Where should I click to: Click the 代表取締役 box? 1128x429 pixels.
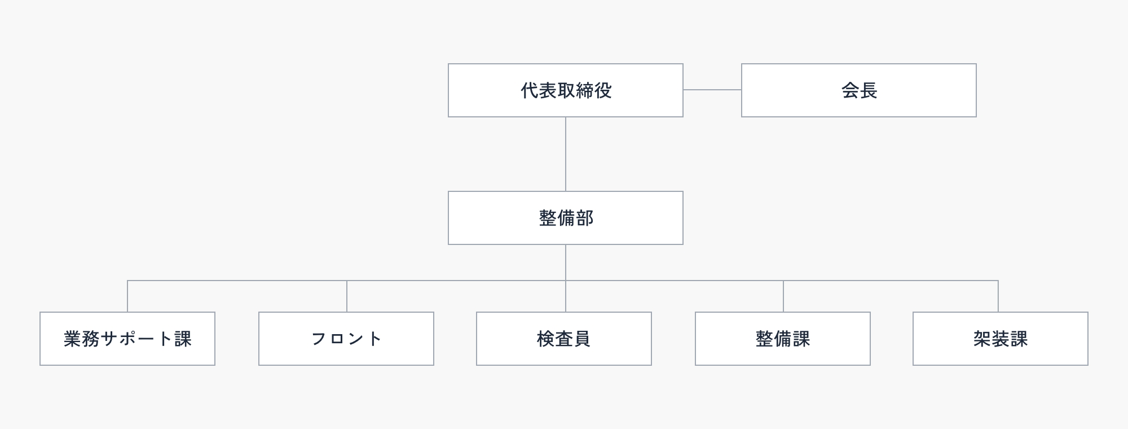point(565,90)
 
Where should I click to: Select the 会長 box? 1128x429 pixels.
point(858,90)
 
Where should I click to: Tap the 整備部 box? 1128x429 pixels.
point(565,218)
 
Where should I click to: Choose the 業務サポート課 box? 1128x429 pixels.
point(127,339)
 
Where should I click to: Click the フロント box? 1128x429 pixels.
point(346,339)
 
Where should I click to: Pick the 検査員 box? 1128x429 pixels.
point(564,339)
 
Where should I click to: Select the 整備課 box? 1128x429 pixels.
point(783,339)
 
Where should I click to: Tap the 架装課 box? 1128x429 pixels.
point(1001,339)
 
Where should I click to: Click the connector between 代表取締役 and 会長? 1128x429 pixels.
point(712,90)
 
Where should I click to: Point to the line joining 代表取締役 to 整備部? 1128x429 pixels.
point(566,154)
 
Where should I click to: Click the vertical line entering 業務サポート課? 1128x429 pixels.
point(127,296)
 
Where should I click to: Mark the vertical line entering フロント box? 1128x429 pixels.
point(347,296)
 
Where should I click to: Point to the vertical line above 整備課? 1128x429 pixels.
point(783,296)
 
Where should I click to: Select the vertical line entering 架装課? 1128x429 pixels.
point(998,296)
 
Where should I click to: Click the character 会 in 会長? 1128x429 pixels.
point(850,90)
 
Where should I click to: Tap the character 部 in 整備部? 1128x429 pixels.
point(585,218)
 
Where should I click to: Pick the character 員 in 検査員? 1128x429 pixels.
point(582,339)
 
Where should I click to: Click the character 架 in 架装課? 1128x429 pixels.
point(982,339)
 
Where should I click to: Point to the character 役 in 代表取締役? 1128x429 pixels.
point(603,90)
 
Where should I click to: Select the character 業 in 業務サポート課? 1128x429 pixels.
point(73,339)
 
